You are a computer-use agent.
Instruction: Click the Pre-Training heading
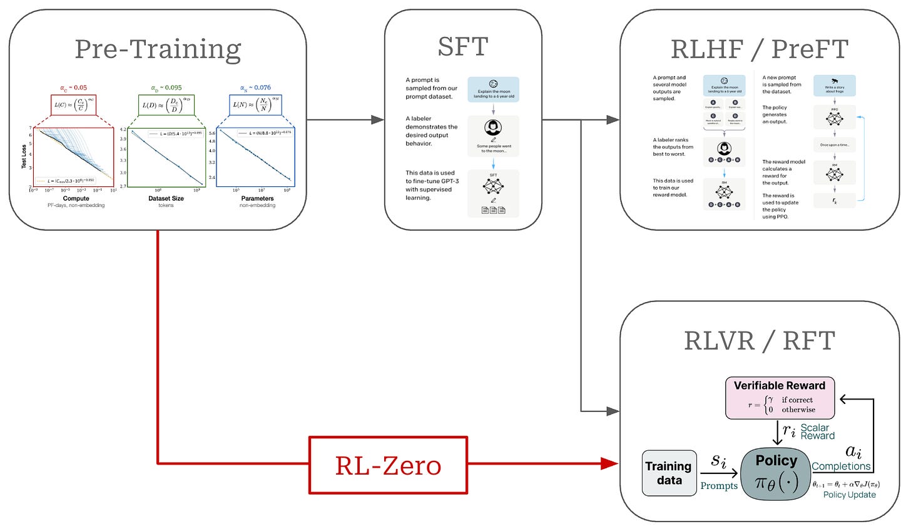coord(158,49)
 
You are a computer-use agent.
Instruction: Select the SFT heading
coord(462,47)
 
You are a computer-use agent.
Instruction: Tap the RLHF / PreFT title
coord(759,49)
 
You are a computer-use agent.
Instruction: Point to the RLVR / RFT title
coord(759,341)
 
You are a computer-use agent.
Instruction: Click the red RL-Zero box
coord(388,465)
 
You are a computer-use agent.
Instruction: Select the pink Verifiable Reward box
coord(780,398)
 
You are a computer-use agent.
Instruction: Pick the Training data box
coord(669,473)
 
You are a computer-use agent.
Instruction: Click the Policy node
coord(776,473)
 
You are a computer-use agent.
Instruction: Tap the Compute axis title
coord(76,198)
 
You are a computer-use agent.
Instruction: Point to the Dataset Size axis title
coord(166,198)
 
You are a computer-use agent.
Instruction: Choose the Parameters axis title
coord(257,198)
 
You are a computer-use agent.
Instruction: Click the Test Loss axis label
coord(24,158)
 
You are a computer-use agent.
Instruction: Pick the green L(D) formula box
coord(166,105)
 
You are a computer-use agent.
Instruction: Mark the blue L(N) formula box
coord(255,105)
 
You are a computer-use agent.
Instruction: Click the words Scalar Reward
coord(817,431)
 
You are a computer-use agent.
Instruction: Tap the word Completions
coord(841,466)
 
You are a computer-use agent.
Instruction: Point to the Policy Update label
coord(849,495)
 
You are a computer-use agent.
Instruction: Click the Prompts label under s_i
coord(719,486)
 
